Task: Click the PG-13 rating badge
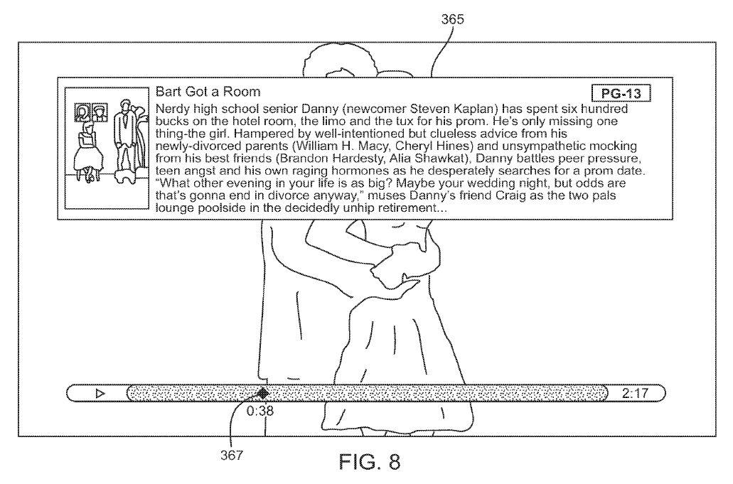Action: click(621, 93)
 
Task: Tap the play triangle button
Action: click(100, 392)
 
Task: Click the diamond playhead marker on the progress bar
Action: click(262, 392)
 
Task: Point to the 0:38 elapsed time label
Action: click(260, 410)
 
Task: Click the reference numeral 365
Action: click(452, 20)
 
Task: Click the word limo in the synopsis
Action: click(326, 122)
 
